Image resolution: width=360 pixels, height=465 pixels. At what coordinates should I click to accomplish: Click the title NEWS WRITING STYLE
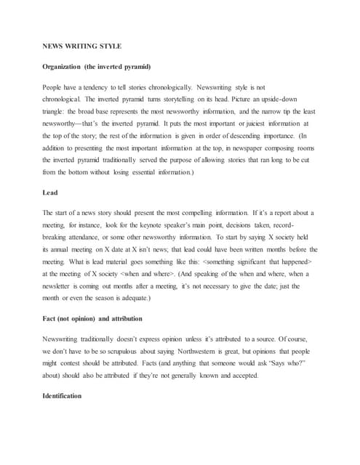81,46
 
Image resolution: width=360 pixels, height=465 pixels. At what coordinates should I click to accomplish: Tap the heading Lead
51,193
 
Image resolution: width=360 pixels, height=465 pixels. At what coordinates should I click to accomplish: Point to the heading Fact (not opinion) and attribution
92,319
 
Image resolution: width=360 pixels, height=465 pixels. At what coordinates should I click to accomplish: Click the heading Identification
63,396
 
